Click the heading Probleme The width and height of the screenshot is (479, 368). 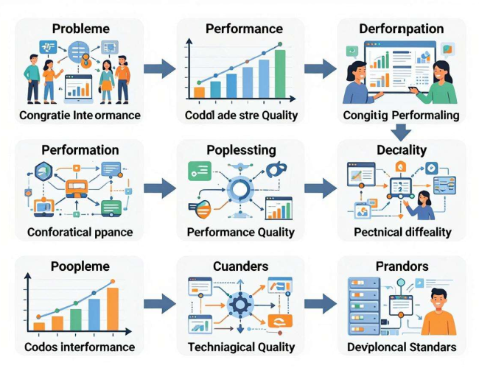click(x=81, y=29)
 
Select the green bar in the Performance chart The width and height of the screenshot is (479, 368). click(x=280, y=74)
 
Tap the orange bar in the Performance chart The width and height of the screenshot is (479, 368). click(x=199, y=92)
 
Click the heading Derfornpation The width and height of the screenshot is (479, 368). click(x=402, y=29)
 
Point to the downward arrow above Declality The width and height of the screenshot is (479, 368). click(x=401, y=132)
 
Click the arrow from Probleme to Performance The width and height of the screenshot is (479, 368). click(x=160, y=69)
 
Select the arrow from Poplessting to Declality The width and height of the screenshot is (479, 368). click(x=321, y=188)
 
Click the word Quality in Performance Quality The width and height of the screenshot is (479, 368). click(x=276, y=233)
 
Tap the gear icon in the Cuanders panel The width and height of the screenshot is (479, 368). click(x=239, y=304)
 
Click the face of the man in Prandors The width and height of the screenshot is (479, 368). click(x=438, y=300)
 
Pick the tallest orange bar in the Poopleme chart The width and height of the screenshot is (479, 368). click(x=113, y=309)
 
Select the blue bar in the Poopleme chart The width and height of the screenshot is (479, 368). click(x=94, y=314)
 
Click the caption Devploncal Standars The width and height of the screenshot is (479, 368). click(x=402, y=347)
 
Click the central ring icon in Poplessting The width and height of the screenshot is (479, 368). click(x=239, y=189)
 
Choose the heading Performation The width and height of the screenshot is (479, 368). click(x=80, y=150)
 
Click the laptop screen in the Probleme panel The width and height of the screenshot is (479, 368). click(x=79, y=88)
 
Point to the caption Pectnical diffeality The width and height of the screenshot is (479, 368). click(x=402, y=233)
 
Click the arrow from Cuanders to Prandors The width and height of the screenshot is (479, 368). click(x=321, y=304)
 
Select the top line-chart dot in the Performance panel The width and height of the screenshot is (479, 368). click(x=280, y=45)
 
